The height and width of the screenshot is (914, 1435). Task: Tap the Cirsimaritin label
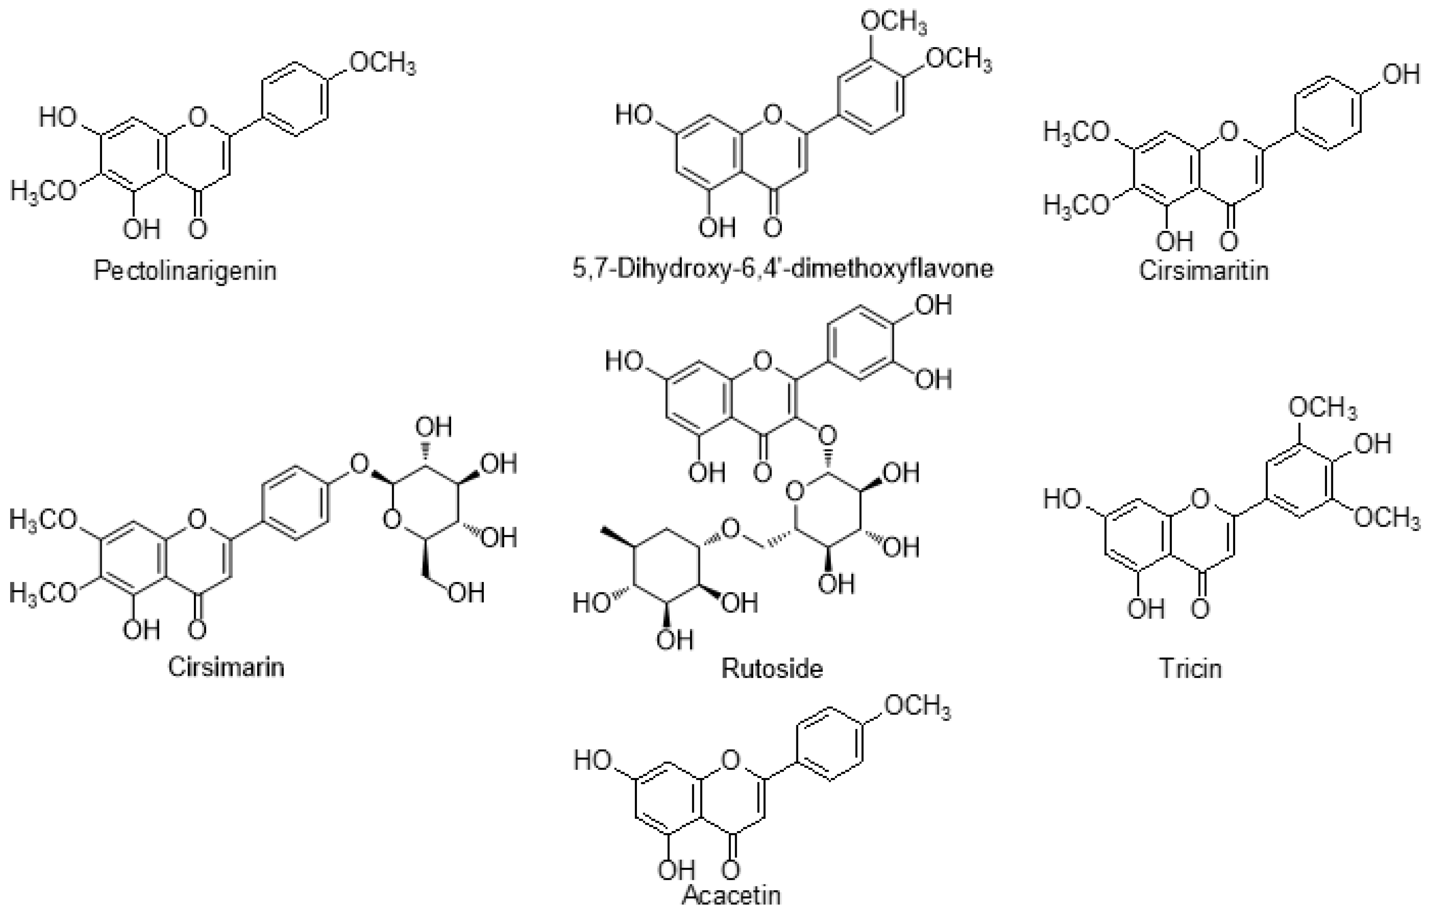[x=1204, y=271]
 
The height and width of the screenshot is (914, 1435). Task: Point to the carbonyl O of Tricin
[x=1201, y=608]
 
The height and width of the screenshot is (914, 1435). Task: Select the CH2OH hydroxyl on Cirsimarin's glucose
[x=466, y=593]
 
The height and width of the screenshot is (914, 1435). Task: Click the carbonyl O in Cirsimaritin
[x=1229, y=241]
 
